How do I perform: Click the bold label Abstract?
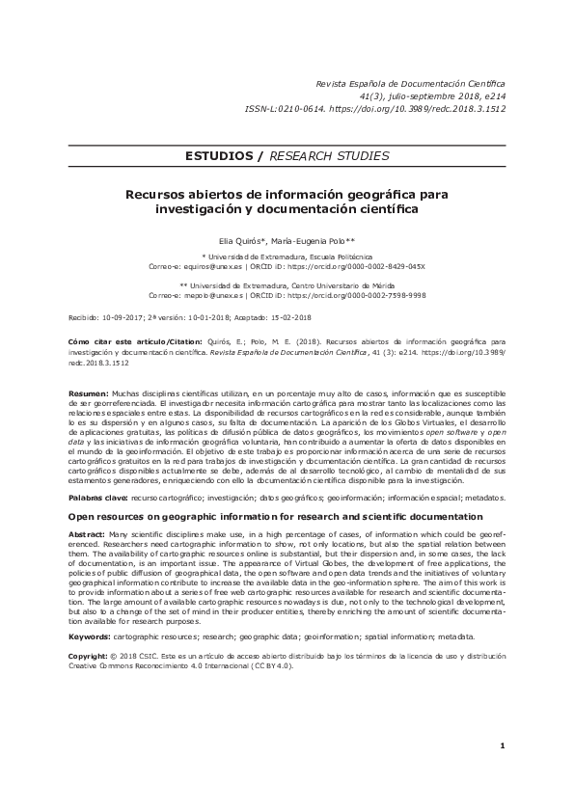[88, 534]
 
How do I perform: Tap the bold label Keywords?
[90, 637]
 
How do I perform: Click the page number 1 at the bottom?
[503, 773]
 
